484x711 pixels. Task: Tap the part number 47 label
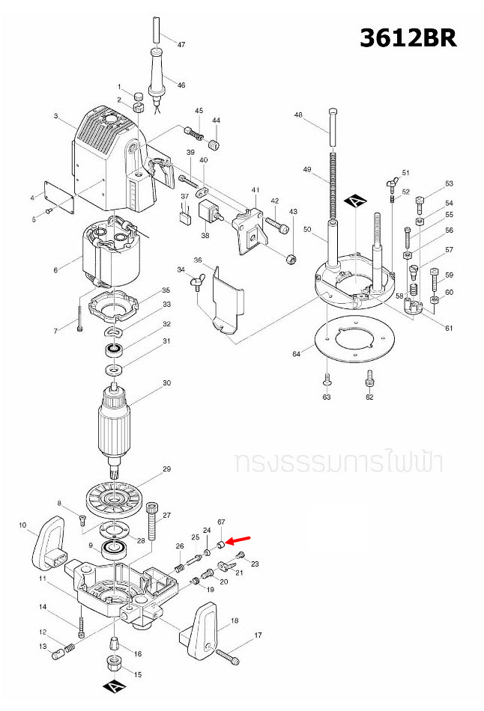pos(181,45)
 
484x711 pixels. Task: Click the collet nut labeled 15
pos(112,662)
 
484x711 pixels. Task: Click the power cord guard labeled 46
pos(158,75)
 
